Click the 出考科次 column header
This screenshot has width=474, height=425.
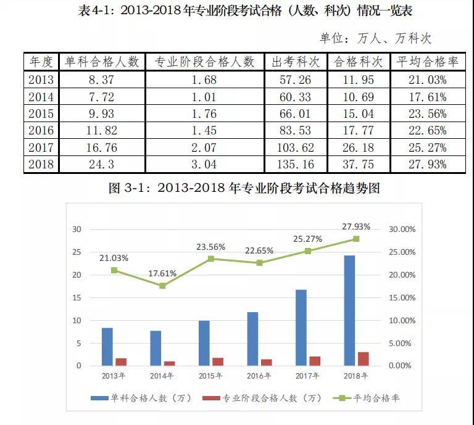click(295, 62)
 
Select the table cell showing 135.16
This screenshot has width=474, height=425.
click(295, 164)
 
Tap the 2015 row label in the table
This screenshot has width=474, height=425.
click(41, 113)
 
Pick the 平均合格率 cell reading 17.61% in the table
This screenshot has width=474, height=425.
click(422, 96)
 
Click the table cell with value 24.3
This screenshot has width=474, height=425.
click(102, 164)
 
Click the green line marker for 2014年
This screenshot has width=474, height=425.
click(162, 286)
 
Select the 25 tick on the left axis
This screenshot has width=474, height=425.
click(77, 252)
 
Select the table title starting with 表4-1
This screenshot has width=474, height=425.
click(237, 12)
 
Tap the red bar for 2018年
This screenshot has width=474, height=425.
click(364, 358)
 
